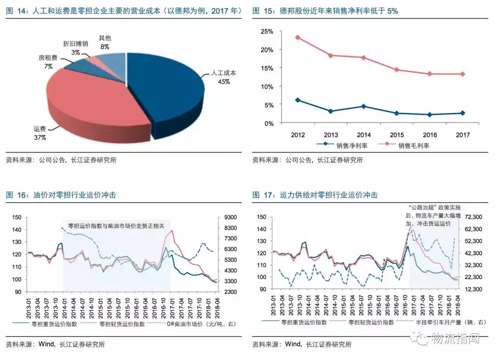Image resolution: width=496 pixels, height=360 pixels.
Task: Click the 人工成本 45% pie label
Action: click(223, 77)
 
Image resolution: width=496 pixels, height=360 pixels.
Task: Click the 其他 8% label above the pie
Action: click(105, 42)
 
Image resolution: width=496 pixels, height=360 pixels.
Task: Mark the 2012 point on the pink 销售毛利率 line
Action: click(298, 37)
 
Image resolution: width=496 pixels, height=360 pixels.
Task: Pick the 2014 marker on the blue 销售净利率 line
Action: click(363, 106)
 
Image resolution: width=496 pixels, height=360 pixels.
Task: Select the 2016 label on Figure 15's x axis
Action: click(429, 135)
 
